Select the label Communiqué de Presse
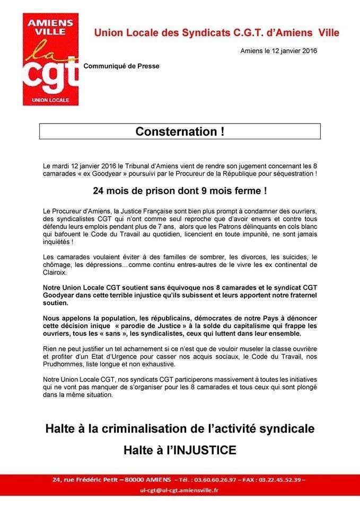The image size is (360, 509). (121, 67)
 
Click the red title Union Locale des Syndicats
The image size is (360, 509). (216, 33)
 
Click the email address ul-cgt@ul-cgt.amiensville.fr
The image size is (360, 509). (180, 491)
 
